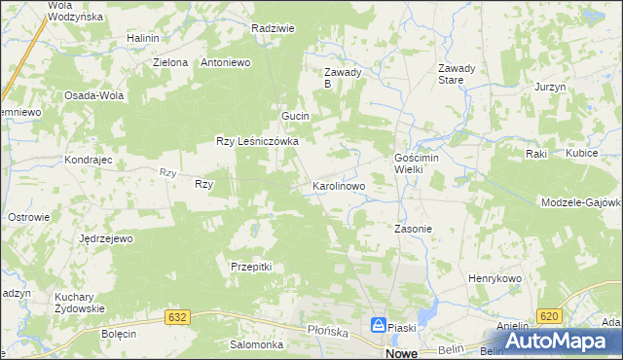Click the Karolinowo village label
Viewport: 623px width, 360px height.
pyautogui.click(x=338, y=185)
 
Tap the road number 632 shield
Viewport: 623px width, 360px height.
pyautogui.click(x=177, y=317)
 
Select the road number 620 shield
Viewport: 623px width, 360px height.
pyautogui.click(x=548, y=317)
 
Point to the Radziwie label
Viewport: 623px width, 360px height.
pyautogui.click(x=273, y=29)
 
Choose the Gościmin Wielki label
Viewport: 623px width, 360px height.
pyautogui.click(x=421, y=162)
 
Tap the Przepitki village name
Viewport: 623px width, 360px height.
pyautogui.click(x=250, y=267)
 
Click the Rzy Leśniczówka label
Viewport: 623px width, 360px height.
pyautogui.click(x=257, y=141)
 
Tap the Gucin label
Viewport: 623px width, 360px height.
pyautogui.click(x=295, y=116)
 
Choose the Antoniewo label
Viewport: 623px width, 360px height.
pyautogui.click(x=226, y=62)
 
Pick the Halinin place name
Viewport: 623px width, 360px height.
pyautogui.click(x=142, y=38)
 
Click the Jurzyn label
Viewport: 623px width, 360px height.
pyautogui.click(x=550, y=87)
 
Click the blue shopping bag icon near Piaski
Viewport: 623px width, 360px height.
pyautogui.click(x=378, y=327)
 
